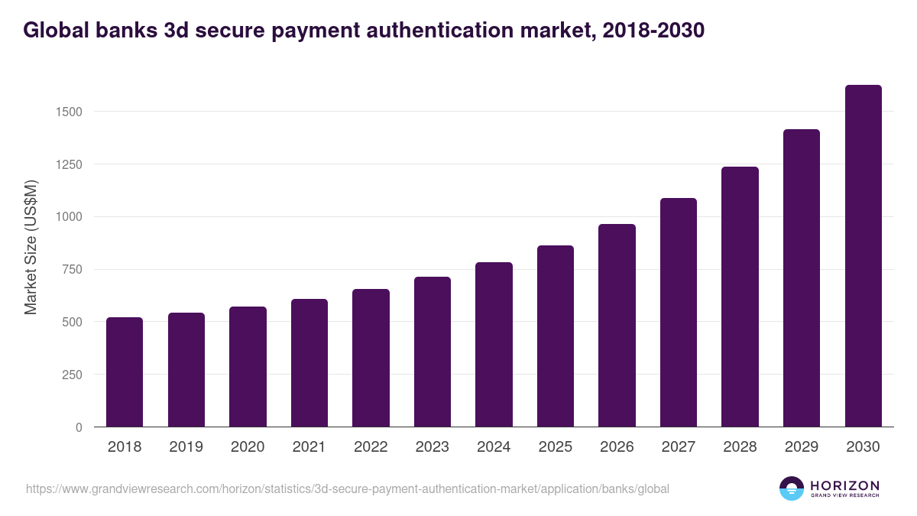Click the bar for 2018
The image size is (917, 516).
click(x=125, y=372)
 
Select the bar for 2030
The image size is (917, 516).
click(x=863, y=256)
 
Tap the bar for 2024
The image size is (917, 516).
click(x=494, y=345)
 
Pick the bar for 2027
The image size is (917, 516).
click(x=679, y=313)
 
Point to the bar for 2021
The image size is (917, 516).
click(x=309, y=363)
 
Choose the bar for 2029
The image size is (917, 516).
click(x=802, y=278)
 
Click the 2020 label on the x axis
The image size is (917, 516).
click(x=248, y=447)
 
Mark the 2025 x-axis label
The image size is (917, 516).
click(x=556, y=447)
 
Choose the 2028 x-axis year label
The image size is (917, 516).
click(x=740, y=447)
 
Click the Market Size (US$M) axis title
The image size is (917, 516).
click(x=31, y=246)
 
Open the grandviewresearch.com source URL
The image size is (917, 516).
click(x=348, y=488)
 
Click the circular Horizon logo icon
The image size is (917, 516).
click(x=792, y=488)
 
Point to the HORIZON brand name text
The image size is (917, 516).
click(x=844, y=485)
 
